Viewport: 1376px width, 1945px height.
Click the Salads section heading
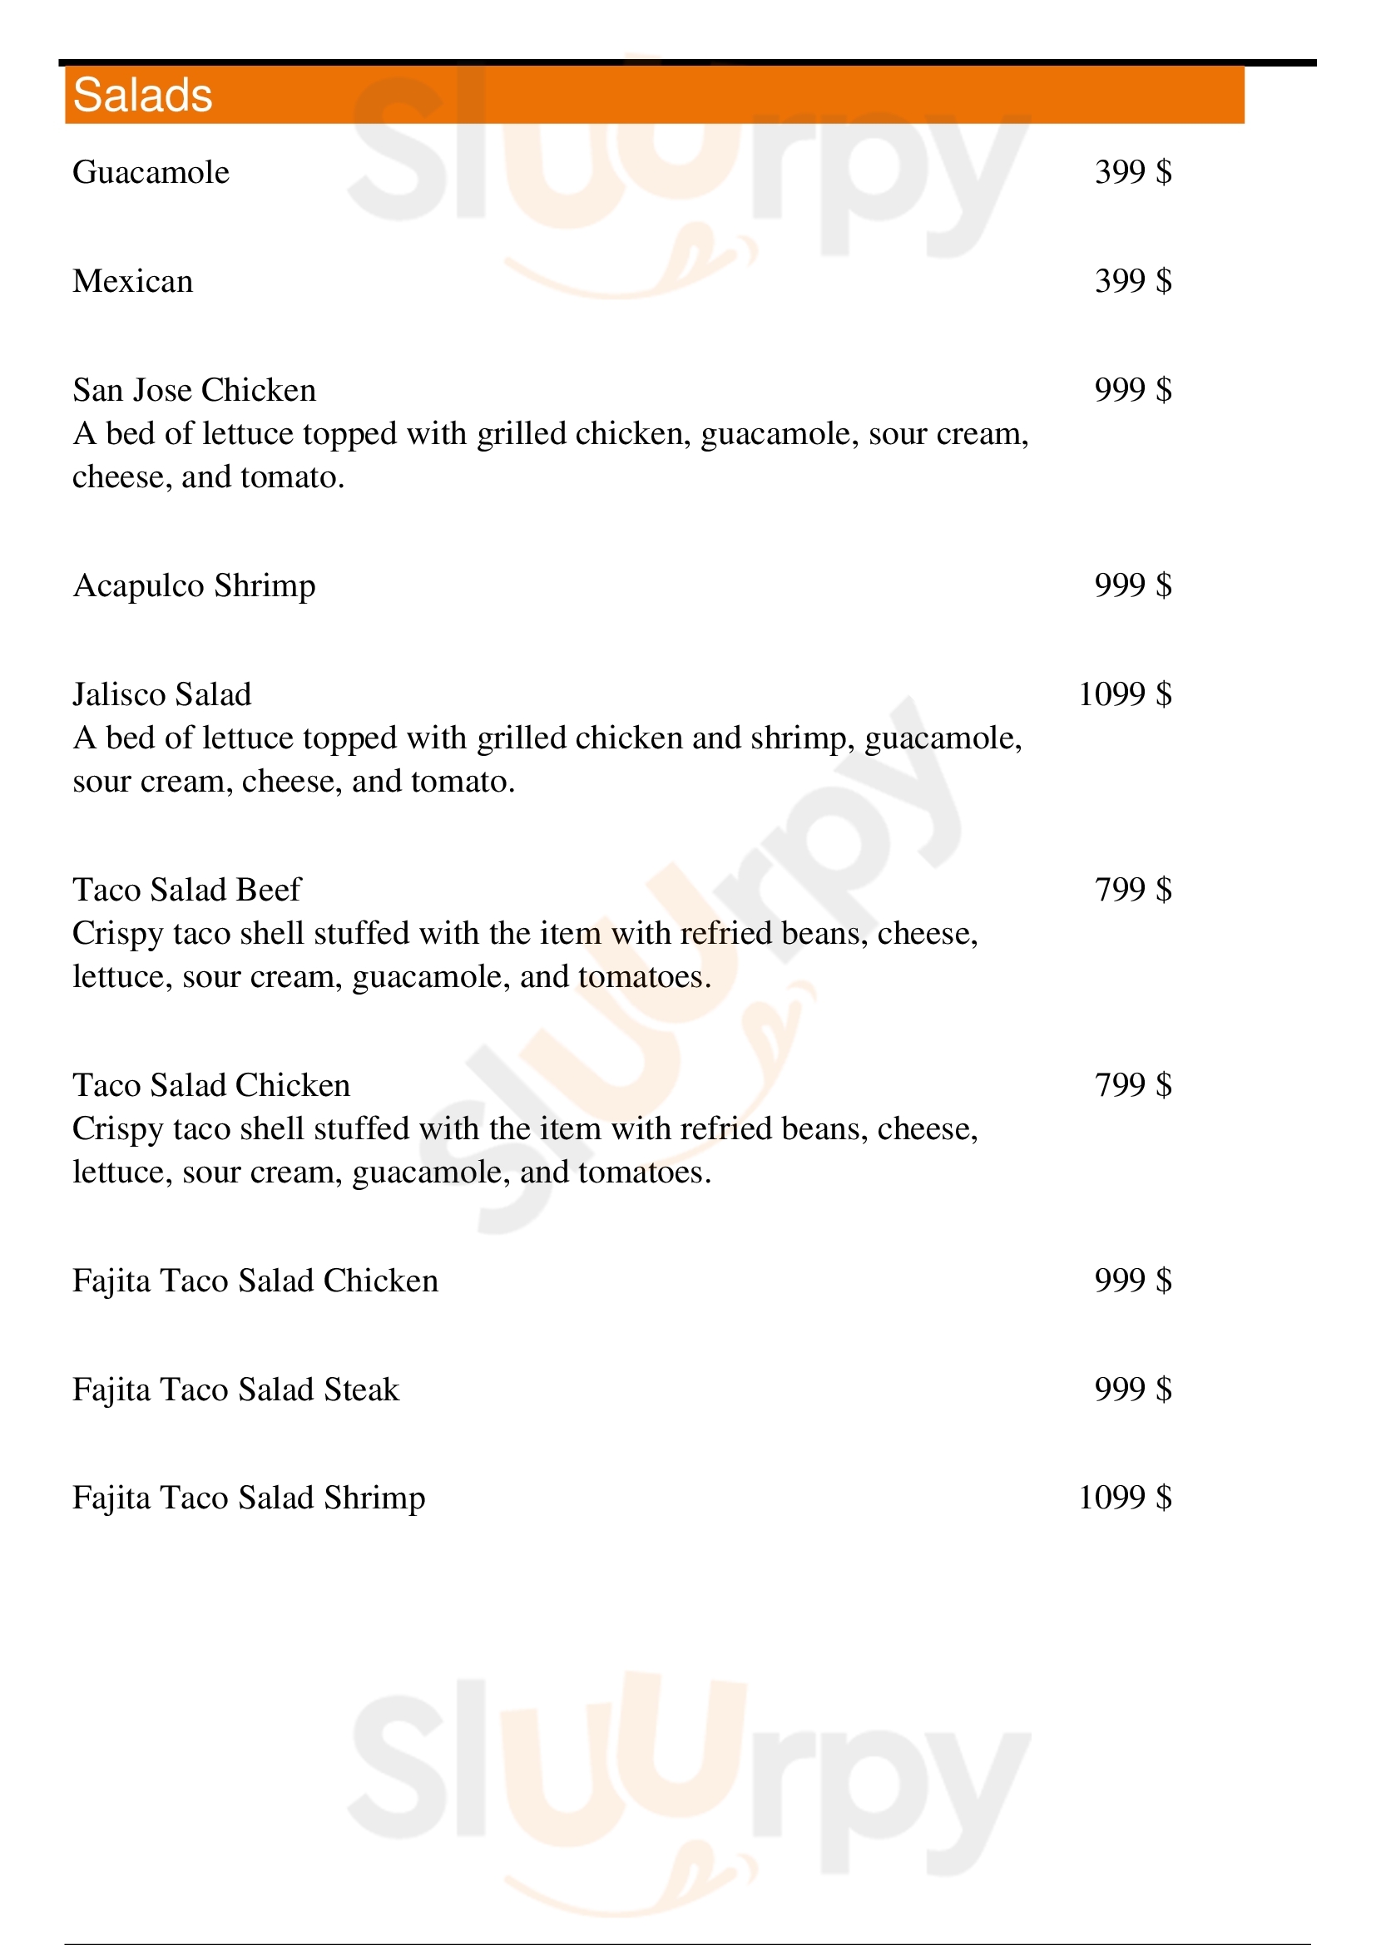pyautogui.click(x=142, y=95)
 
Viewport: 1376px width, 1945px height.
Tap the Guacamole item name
pyautogui.click(x=151, y=172)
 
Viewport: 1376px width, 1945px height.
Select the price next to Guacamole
pyautogui.click(x=1133, y=172)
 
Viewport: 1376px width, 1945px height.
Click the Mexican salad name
pyautogui.click(x=133, y=281)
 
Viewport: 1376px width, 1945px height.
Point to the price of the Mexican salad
pyautogui.click(x=1133, y=281)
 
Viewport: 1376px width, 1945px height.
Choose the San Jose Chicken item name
pyautogui.click(x=194, y=390)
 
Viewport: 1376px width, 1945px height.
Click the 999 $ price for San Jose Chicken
pyautogui.click(x=1133, y=390)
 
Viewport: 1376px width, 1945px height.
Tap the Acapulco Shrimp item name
pyautogui.click(x=194, y=585)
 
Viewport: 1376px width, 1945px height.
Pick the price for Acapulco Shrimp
pyautogui.click(x=1133, y=585)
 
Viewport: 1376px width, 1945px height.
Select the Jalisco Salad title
pyautogui.click(x=162, y=694)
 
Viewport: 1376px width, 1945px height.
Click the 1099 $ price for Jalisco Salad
pyautogui.click(x=1125, y=694)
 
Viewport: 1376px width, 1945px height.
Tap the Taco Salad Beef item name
pyautogui.click(x=186, y=890)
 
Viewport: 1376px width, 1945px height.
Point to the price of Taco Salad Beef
pyautogui.click(x=1133, y=890)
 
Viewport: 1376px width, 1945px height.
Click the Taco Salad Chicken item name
pyautogui.click(x=211, y=1085)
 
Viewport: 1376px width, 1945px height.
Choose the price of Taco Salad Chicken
pyautogui.click(x=1133, y=1085)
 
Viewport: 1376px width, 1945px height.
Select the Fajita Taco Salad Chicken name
pyautogui.click(x=255, y=1281)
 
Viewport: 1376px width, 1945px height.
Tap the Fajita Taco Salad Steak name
pyautogui.click(x=235, y=1390)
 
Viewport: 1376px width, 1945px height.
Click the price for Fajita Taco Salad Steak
pyautogui.click(x=1133, y=1390)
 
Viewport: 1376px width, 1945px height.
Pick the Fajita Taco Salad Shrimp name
pyautogui.click(x=248, y=1498)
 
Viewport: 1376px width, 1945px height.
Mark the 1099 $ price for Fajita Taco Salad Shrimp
pyautogui.click(x=1125, y=1498)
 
